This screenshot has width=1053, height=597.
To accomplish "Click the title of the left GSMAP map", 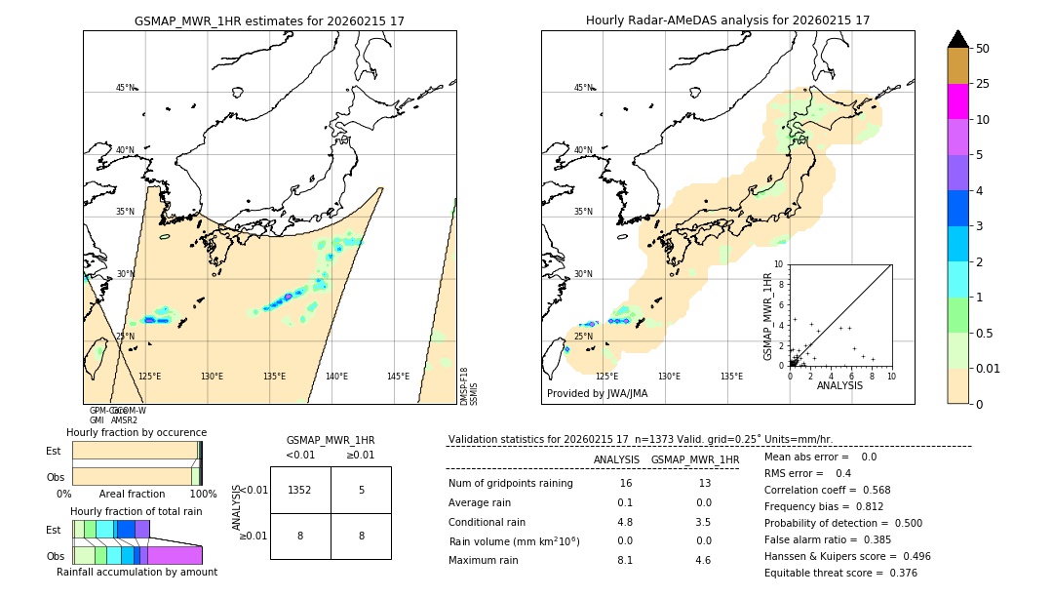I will pyautogui.click(x=269, y=20).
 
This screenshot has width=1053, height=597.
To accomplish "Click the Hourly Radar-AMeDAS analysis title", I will pyautogui.click(x=727, y=20).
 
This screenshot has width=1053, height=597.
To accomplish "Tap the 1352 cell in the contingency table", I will pyautogui.click(x=300, y=490).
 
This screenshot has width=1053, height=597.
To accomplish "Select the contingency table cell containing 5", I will pyautogui.click(x=361, y=490).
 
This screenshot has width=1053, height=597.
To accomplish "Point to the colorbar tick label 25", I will pyautogui.click(x=984, y=84).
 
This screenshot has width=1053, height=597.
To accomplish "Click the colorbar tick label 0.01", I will pyautogui.click(x=989, y=368).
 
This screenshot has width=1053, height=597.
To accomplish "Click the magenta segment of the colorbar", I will pyautogui.click(x=958, y=101).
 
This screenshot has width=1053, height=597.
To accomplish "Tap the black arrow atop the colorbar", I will pyautogui.click(x=958, y=39).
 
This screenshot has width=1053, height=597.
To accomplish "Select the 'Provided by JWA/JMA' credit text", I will pyautogui.click(x=597, y=394).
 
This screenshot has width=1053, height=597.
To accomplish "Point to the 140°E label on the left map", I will pyautogui.click(x=336, y=377).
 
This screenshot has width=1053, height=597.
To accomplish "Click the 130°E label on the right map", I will pyautogui.click(x=669, y=377).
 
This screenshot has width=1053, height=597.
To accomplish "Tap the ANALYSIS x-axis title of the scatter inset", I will pyautogui.click(x=839, y=385).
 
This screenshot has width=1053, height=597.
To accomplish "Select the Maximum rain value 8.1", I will pyautogui.click(x=625, y=560).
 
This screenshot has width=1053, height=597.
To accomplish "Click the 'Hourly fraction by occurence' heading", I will pyautogui.click(x=136, y=432).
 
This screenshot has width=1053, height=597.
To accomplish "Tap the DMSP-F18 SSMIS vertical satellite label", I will pyautogui.click(x=469, y=386).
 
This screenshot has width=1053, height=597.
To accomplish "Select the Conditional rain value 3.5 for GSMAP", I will pyautogui.click(x=703, y=522).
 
